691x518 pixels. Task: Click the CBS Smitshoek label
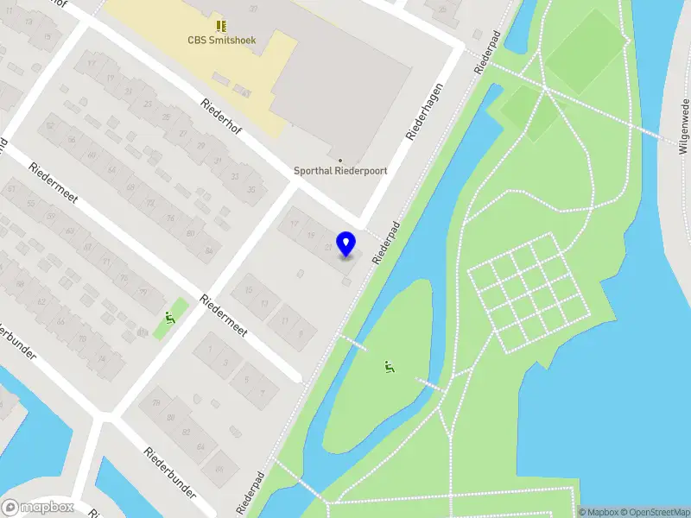click(x=222, y=39)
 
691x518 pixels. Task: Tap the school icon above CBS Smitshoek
click(x=222, y=25)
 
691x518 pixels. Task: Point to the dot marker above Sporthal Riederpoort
click(x=340, y=160)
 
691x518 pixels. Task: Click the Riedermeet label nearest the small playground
click(x=224, y=317)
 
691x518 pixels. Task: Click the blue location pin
click(x=346, y=244)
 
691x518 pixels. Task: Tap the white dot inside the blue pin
click(x=346, y=240)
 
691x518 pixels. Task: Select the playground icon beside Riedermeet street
click(x=169, y=319)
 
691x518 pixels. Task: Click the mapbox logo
click(x=37, y=508)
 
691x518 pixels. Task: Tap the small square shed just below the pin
click(x=346, y=281)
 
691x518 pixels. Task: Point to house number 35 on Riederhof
click(x=252, y=190)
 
